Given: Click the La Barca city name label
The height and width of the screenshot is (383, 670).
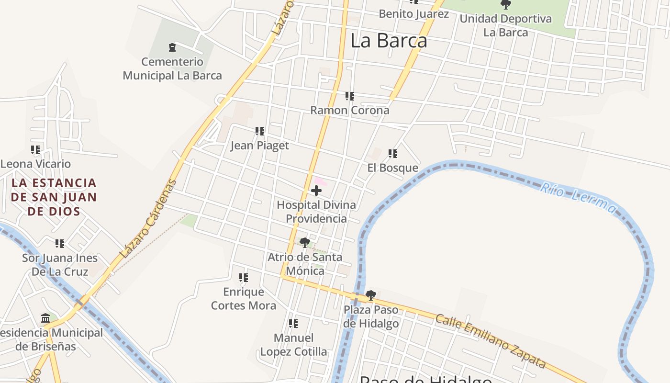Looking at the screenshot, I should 389,41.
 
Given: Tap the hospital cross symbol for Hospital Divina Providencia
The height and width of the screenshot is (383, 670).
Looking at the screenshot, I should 316,191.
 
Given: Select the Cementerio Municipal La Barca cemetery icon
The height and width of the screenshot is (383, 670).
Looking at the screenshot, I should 172,47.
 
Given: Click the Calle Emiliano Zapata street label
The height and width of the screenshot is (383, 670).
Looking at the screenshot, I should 491,341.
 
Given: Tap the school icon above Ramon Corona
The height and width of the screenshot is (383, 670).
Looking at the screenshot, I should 350,96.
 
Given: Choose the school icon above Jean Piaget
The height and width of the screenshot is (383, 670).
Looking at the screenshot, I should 260,131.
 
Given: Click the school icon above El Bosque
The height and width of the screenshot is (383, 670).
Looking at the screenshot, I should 393,154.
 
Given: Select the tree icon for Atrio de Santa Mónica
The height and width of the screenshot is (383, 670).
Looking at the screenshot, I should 305,243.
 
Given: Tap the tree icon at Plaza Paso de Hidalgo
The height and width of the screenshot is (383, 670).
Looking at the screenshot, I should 371,295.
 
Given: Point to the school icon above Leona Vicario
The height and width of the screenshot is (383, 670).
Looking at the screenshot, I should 35,150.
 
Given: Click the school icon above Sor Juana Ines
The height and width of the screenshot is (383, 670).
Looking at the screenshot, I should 60,244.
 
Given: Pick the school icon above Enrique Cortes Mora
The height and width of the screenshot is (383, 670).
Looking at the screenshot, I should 244,278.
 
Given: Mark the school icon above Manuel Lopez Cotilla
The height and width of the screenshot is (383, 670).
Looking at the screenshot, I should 293,324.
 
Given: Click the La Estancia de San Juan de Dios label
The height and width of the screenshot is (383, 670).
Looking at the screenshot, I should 54,197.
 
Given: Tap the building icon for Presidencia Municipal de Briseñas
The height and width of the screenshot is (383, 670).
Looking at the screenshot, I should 46,318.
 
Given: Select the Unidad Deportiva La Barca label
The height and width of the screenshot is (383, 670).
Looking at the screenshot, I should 505,26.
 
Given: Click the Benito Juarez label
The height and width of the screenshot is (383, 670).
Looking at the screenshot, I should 414,13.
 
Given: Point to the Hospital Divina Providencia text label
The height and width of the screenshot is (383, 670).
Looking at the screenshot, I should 316,212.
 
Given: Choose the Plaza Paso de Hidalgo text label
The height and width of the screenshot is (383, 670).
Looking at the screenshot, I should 371,316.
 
